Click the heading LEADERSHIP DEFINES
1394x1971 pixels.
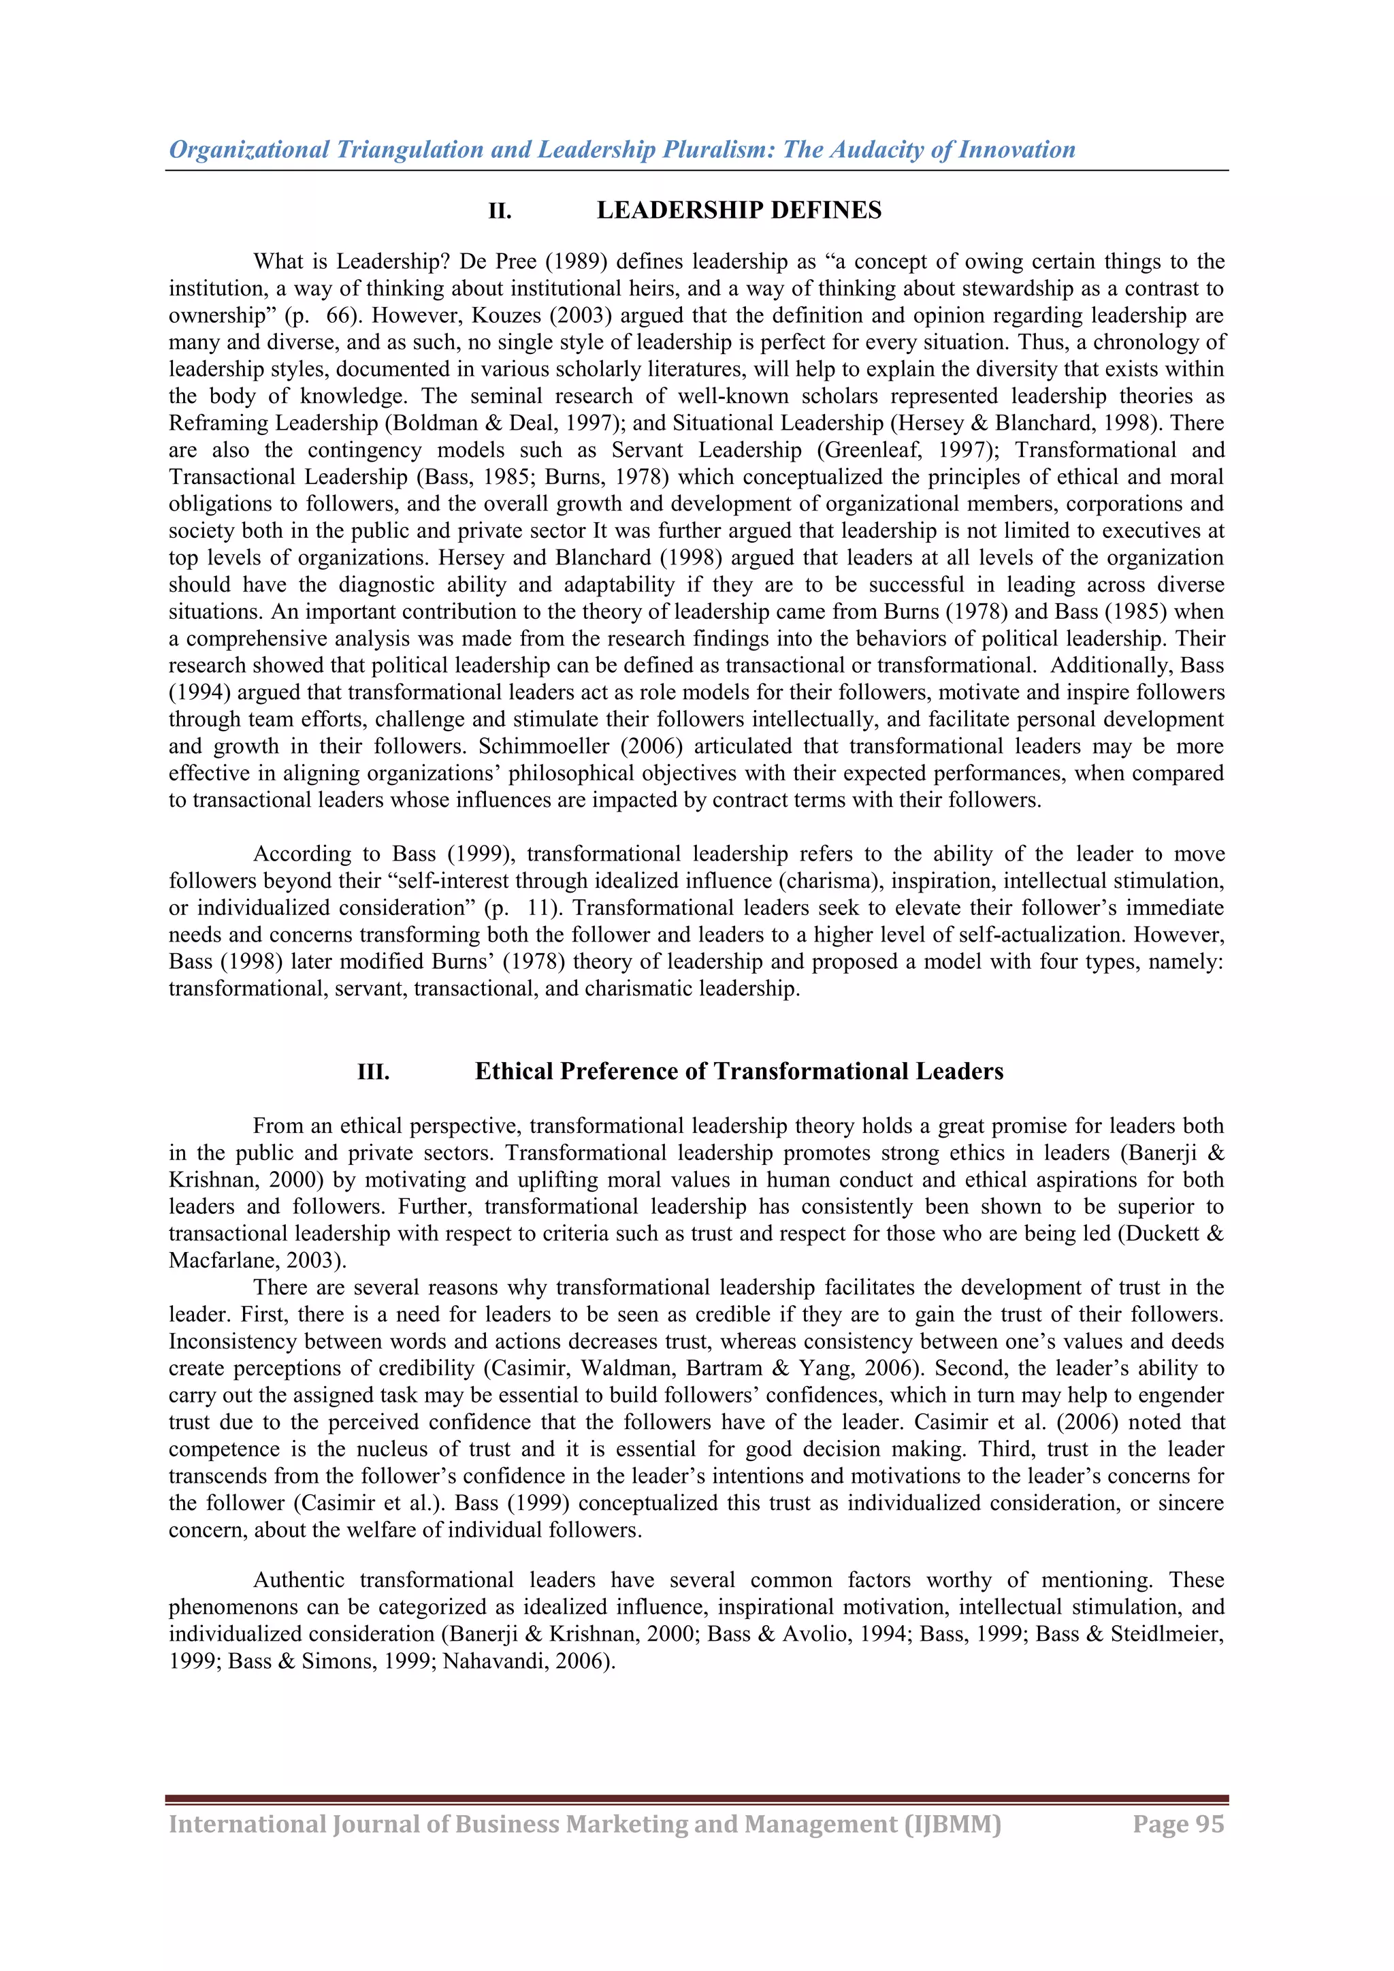[x=739, y=210]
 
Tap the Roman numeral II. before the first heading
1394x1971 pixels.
[x=500, y=211]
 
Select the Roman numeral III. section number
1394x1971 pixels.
[x=374, y=1072]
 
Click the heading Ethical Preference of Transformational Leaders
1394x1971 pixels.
[x=739, y=1072]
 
